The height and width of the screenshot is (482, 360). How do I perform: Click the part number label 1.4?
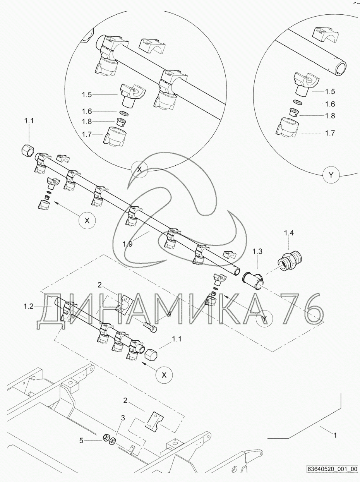click(x=289, y=233)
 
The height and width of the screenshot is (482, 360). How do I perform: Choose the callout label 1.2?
click(x=28, y=306)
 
